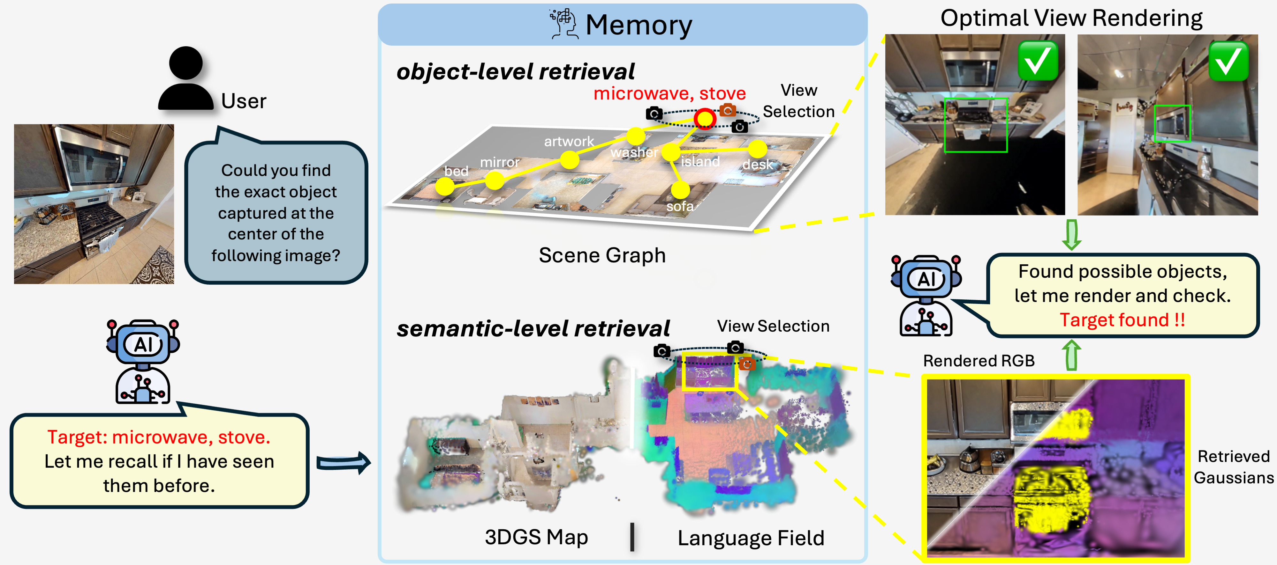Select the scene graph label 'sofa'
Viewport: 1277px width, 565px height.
pos(680,206)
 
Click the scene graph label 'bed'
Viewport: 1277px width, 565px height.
pos(456,171)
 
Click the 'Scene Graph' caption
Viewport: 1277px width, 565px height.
pos(602,255)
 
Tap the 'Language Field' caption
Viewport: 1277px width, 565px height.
pos(751,538)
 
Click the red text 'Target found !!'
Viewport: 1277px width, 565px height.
pos(1122,320)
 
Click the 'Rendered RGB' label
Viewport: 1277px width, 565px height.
pos(979,361)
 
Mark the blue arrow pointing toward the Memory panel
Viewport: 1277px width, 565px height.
pos(343,463)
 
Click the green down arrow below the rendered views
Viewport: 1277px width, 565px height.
pos(1071,235)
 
